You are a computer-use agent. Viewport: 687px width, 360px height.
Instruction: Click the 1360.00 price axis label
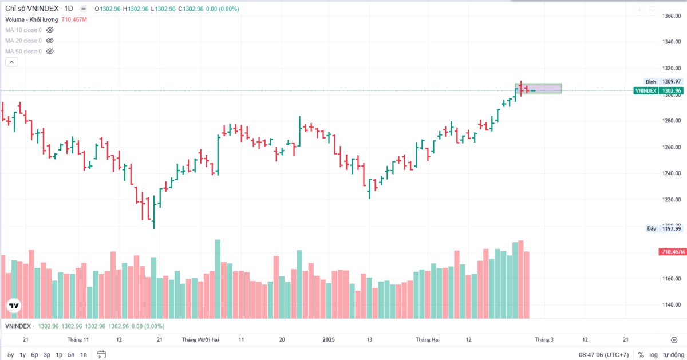tap(672, 15)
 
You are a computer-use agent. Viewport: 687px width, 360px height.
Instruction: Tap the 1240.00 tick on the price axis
tap(672, 173)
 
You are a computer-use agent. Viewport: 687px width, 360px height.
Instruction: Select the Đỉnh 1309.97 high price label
tap(663, 82)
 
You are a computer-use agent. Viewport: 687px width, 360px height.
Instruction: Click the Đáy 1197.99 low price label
tap(664, 228)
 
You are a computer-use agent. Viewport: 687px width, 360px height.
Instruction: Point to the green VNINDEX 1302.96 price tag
tap(658, 91)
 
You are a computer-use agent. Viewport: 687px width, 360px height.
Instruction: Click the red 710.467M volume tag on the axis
tap(673, 252)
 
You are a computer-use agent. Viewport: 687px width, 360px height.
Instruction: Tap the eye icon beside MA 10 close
tap(50, 30)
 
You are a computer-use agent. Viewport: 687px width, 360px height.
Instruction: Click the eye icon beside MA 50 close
tap(50, 51)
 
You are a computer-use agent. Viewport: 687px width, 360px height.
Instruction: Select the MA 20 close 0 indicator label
tap(23, 41)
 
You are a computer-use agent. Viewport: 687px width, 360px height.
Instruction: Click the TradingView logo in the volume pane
tap(14, 306)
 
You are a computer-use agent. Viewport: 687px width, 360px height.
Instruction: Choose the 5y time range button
tap(11, 355)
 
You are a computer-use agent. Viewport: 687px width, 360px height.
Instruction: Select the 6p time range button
tap(34, 355)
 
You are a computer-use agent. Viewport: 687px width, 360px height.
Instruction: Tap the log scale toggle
tap(653, 355)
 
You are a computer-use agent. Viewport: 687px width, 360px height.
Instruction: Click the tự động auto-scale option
tap(673, 355)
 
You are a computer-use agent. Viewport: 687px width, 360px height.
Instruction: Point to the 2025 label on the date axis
tap(329, 339)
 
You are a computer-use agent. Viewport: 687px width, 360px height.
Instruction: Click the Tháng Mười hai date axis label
tap(200, 339)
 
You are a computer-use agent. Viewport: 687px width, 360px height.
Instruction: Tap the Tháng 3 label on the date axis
tap(544, 339)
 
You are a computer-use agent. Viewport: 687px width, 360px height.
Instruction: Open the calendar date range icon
tap(101, 355)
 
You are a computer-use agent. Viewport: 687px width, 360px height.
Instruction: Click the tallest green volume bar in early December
tap(218, 279)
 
